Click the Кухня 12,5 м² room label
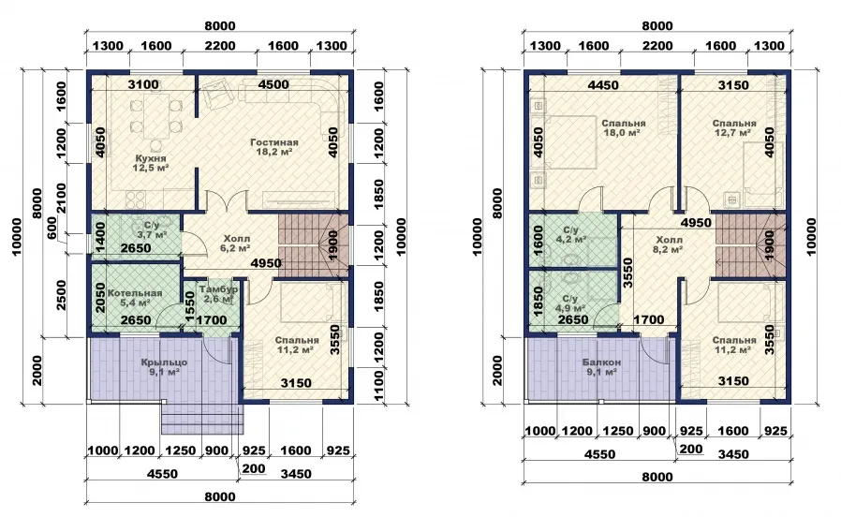pos(151,163)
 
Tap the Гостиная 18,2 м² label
pos(273,147)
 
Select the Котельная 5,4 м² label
pos(135,298)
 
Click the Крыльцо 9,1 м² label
pos(164,367)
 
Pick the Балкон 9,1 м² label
pos(601,367)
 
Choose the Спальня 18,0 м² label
pos(623,127)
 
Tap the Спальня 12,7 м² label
pos(734,127)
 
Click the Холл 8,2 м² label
pos(669,244)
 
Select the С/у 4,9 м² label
pos(569,303)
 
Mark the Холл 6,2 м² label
pos(237,243)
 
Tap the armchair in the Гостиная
pos(215,94)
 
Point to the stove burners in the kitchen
pos(135,199)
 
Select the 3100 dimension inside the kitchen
pos(143,84)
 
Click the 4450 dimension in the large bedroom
pos(603,84)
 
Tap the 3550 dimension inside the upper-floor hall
pos(627,273)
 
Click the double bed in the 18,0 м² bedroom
pos(569,142)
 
